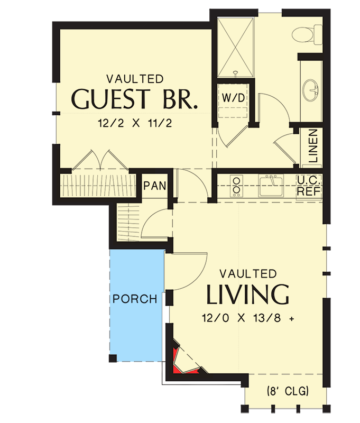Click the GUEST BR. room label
135,99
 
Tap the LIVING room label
248,295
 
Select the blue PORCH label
135,299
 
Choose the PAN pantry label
155,186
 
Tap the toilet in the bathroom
306,33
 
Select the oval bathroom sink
311,90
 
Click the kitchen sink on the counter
271,186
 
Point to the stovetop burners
236,186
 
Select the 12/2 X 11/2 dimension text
136,123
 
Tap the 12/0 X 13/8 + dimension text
247,318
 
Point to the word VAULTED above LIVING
248,273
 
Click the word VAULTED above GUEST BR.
135,79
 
